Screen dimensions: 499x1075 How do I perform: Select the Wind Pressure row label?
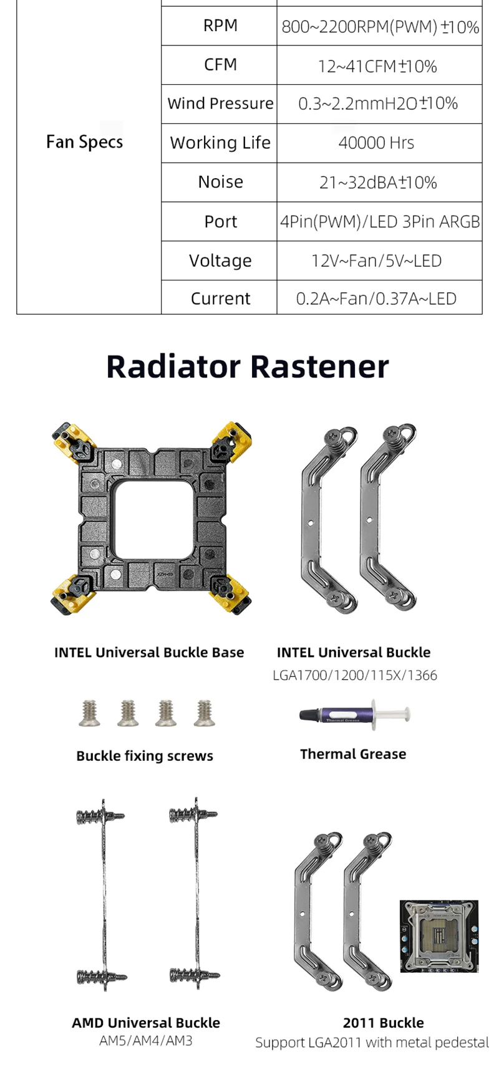220,103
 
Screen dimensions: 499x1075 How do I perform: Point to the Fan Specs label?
84,142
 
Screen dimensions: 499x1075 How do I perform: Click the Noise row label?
220,182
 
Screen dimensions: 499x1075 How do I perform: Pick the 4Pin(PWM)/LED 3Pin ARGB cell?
380,221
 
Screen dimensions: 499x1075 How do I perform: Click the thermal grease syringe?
354,714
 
